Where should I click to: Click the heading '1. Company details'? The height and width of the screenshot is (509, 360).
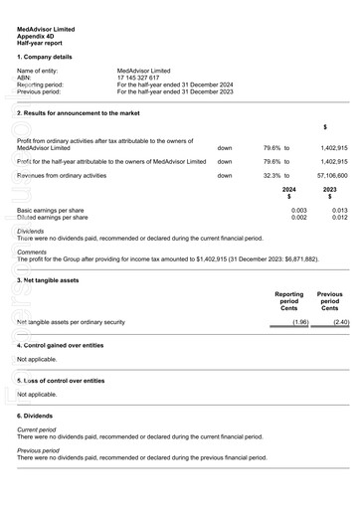coord(46,57)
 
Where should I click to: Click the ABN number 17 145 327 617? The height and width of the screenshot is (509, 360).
coord(145,78)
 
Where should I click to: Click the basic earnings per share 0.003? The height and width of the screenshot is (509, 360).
coord(298,211)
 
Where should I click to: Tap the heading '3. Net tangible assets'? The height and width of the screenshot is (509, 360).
coord(49,280)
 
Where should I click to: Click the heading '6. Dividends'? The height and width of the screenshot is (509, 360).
coord(35,416)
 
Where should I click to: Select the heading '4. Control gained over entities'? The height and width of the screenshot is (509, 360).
coord(61,345)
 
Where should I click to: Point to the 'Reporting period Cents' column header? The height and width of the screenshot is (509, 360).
coord(289,301)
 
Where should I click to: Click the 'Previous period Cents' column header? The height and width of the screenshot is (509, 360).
coord(329,301)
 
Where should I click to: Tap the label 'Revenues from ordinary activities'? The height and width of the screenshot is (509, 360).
coord(62,175)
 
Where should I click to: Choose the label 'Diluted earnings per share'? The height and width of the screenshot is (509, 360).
coord(53,218)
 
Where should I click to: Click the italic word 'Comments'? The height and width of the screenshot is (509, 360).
coord(32,252)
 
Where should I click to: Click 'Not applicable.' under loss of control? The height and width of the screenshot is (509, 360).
coord(38,394)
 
